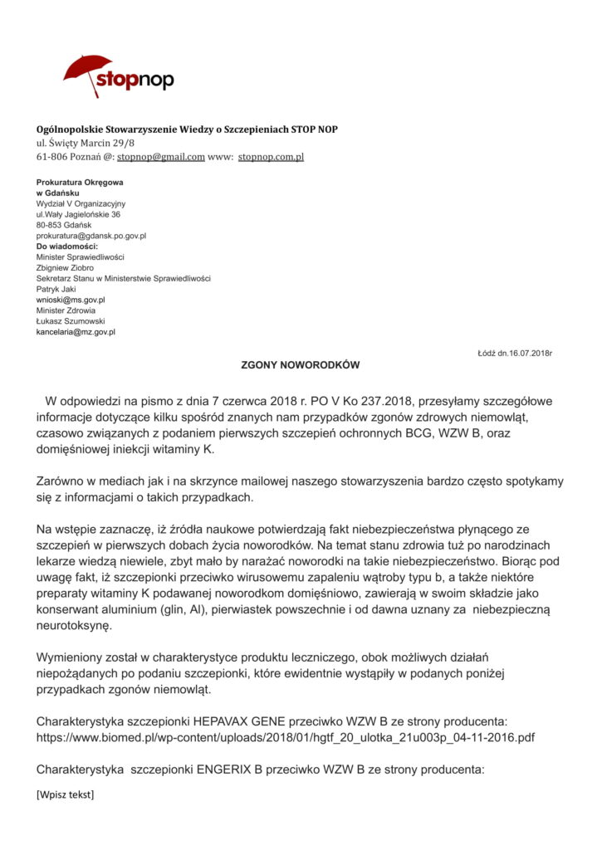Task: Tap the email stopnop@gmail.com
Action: (x=161, y=156)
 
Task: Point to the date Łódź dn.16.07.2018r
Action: (x=515, y=354)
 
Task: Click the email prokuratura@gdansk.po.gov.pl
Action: (x=91, y=236)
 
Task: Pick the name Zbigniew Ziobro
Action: (x=65, y=268)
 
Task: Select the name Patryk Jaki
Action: (x=56, y=289)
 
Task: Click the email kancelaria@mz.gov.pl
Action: (x=76, y=332)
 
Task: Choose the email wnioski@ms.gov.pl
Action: (x=71, y=300)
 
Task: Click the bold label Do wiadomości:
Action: (x=67, y=247)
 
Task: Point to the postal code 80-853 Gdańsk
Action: (x=64, y=225)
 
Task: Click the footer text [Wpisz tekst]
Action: (x=65, y=795)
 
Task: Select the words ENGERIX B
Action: (x=231, y=769)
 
